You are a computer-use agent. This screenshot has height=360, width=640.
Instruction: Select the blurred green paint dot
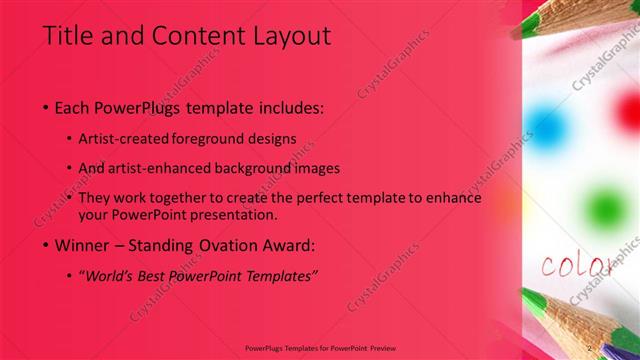[x=603, y=206]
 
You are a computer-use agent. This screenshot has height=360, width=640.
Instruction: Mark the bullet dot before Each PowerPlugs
[x=47, y=107]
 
